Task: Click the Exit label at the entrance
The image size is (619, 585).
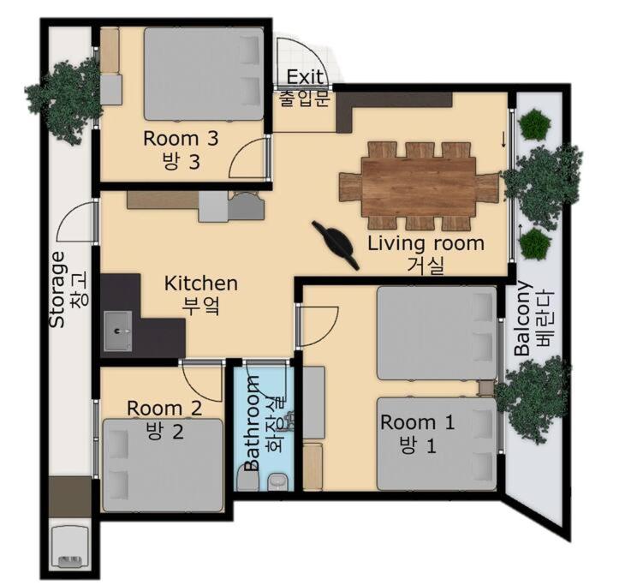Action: click(x=305, y=76)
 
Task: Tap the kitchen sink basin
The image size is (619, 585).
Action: click(x=118, y=331)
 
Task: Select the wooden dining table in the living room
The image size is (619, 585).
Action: click(x=419, y=186)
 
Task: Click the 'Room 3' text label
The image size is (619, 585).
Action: click(x=181, y=139)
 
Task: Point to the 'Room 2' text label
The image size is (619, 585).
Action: click(x=164, y=408)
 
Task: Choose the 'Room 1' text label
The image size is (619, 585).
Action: click(x=417, y=422)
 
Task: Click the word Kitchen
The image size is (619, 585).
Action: click(x=201, y=284)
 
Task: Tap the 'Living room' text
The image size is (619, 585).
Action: click(x=426, y=243)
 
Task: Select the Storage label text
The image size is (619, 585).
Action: click(x=57, y=290)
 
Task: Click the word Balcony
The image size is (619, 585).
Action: click(x=522, y=319)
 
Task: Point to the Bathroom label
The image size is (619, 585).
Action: click(x=252, y=423)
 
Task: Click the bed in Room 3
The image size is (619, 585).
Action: click(x=204, y=74)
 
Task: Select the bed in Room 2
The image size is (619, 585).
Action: click(x=163, y=466)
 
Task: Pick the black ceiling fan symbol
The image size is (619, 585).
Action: click(x=336, y=245)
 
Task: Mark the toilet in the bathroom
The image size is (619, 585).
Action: click(x=278, y=481)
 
